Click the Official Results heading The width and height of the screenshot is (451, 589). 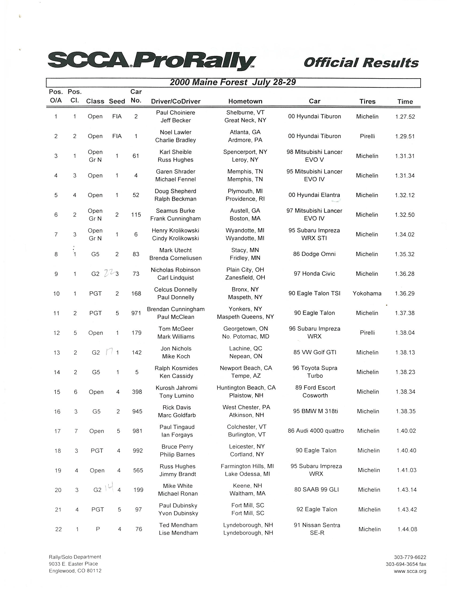point(361,63)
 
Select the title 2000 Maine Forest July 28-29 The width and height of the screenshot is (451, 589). point(233,82)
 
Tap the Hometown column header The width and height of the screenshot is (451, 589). point(245,101)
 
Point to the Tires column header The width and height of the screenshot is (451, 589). point(367,101)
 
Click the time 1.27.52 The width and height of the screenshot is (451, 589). point(405,117)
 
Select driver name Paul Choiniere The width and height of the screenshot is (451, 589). point(176,113)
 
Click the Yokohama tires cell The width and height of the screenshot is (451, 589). point(367,293)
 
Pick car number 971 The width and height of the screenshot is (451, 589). point(136,313)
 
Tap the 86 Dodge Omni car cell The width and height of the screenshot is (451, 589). point(314,254)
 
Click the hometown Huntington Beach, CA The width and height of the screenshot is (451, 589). point(246,388)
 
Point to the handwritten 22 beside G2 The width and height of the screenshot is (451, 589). point(108,273)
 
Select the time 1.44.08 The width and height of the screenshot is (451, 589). point(407,529)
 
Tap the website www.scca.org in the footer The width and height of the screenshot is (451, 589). point(410,571)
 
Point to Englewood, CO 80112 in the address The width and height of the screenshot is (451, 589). point(75,571)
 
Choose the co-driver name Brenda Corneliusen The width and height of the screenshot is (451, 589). point(176,258)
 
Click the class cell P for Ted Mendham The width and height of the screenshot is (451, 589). point(98,529)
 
